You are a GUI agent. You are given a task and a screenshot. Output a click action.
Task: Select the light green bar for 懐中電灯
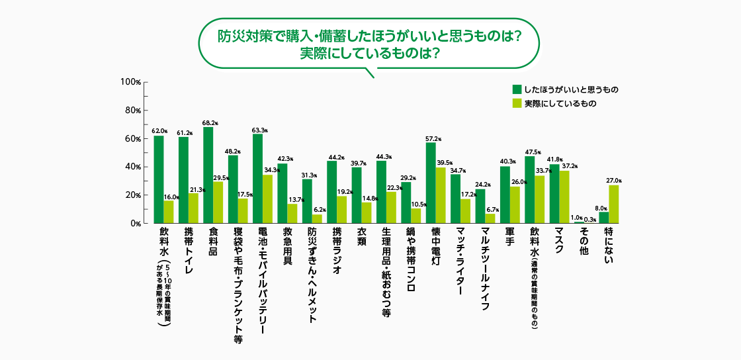441,195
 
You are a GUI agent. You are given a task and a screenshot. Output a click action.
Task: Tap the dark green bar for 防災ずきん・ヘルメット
307,201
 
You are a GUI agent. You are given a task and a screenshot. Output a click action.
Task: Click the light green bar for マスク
564,197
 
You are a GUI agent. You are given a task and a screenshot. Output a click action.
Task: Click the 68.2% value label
210,123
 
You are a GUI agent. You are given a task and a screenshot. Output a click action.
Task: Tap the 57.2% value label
433,139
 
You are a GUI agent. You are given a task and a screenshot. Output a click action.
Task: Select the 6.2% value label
318,210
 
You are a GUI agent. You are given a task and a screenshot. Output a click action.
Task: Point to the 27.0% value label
614,181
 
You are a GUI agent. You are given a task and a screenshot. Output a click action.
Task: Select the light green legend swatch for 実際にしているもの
517,103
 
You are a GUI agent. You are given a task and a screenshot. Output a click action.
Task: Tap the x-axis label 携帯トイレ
189,255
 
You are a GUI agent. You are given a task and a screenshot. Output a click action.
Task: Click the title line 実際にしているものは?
370,53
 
